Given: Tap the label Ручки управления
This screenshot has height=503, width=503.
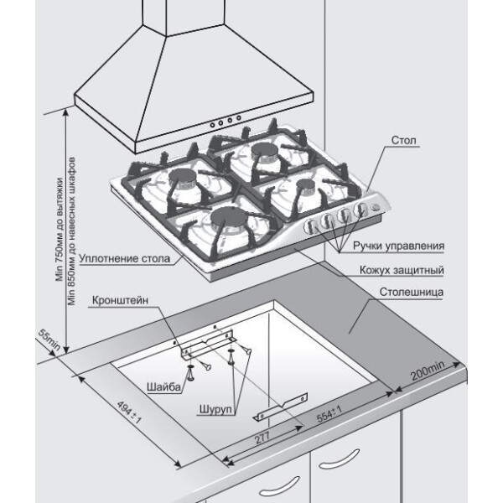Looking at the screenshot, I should [397, 246].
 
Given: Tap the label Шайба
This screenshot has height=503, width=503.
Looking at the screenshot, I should [162, 388].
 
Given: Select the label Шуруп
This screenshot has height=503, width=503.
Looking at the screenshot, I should [216, 410].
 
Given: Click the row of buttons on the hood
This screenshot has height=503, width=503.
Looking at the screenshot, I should [226, 121].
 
